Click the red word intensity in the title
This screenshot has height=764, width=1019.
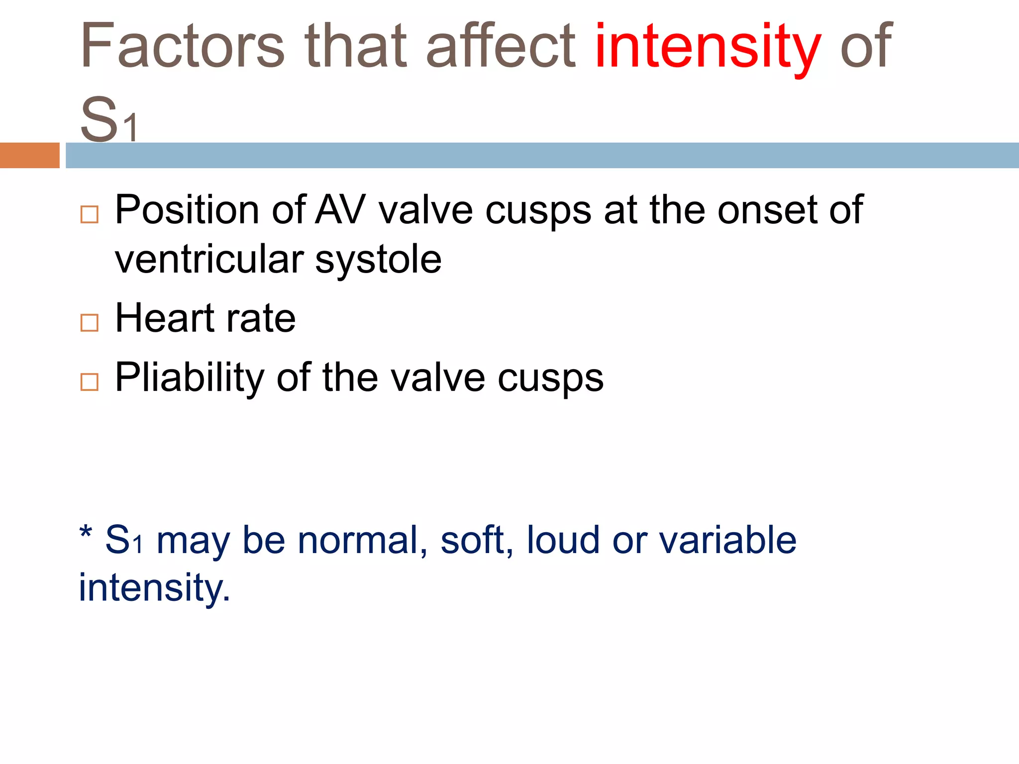tap(708, 47)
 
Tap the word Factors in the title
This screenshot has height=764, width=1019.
tap(182, 47)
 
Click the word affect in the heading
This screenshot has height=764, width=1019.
tap(501, 47)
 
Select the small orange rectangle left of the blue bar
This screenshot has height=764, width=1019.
tap(29, 155)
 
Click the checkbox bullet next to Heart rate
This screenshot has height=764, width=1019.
tap(90, 323)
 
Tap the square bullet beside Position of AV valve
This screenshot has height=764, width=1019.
tap(90, 214)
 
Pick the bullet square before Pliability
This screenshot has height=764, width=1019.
tap(90, 382)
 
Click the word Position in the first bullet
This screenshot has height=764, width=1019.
tap(187, 210)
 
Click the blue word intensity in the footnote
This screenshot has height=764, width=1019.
tap(154, 588)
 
